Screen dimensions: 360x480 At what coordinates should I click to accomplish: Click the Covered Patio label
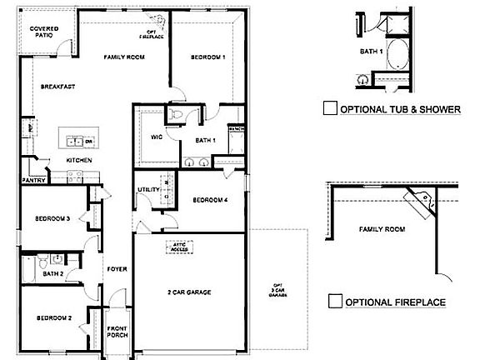44,32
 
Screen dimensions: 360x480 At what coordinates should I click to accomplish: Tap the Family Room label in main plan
120,57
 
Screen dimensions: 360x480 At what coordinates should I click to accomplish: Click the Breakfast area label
60,86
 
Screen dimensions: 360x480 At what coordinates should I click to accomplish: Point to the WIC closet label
156,137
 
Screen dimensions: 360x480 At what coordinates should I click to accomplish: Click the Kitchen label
78,160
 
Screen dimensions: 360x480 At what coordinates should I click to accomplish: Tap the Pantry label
33,179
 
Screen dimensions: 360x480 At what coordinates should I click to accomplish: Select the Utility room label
148,190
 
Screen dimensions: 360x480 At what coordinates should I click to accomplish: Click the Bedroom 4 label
209,200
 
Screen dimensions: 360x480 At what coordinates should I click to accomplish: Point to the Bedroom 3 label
51,218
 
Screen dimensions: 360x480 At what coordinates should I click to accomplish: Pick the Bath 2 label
53,272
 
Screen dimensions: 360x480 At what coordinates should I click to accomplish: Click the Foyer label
116,268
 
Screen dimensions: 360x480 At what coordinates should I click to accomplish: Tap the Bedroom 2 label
51,317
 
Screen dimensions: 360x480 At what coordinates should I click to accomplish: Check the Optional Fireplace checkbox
335,301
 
